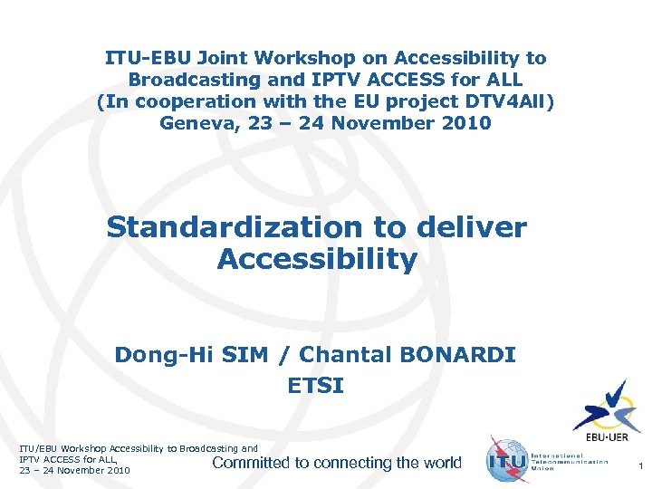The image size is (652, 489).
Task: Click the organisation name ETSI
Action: coord(315,387)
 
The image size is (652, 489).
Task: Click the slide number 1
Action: coord(640,465)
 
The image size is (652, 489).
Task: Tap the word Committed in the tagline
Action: coord(250,463)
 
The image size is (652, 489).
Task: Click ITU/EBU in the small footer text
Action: coord(40,448)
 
